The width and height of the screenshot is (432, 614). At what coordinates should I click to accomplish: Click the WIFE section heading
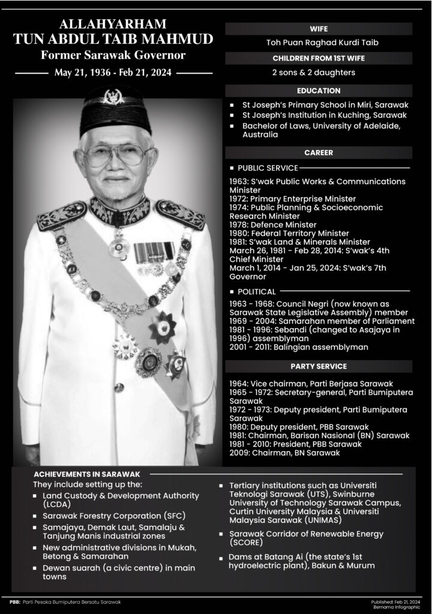(319, 29)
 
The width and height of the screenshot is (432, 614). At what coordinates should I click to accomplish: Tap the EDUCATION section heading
(319, 91)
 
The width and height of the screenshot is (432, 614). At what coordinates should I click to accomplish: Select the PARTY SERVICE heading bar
(319, 366)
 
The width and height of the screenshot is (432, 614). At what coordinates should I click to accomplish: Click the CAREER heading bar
(319, 153)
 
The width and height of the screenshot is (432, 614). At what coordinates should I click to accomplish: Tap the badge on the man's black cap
(112, 96)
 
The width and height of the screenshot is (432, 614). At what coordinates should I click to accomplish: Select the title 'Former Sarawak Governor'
(113, 56)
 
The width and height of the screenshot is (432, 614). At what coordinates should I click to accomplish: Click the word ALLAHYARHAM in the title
(113, 25)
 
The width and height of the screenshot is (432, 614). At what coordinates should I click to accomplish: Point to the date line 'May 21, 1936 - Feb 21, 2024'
(113, 73)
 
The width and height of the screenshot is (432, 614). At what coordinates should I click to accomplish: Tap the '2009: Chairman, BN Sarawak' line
(284, 453)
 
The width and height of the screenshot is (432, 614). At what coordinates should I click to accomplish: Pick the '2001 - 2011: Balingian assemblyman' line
(299, 347)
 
